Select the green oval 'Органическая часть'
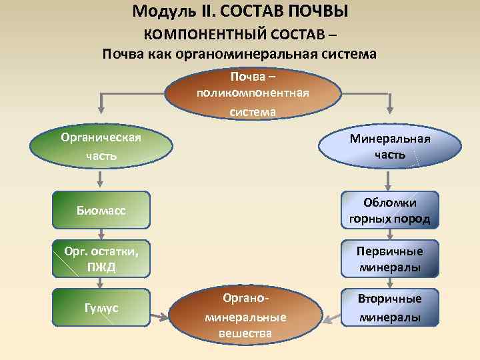(x=100, y=147)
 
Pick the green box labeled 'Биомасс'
(x=101, y=211)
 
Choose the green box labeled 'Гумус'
(x=101, y=307)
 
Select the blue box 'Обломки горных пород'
(x=389, y=211)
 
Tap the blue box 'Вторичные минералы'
(x=389, y=307)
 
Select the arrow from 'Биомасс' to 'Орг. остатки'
(x=101, y=235)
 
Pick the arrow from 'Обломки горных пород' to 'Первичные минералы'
(x=389, y=235)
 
